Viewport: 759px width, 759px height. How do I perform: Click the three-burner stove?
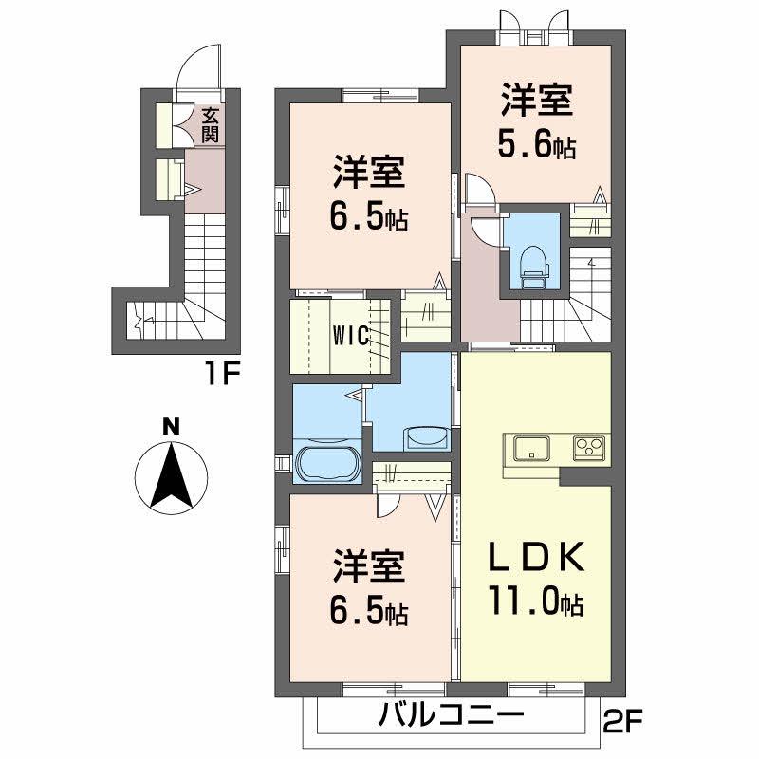tap(590, 447)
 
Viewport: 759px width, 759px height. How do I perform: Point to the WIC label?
tap(350, 334)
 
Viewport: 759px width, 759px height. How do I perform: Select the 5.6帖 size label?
tap(537, 146)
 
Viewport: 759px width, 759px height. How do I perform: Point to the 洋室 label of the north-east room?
tap(538, 102)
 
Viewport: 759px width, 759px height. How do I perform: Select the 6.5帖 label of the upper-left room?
tap(369, 218)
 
